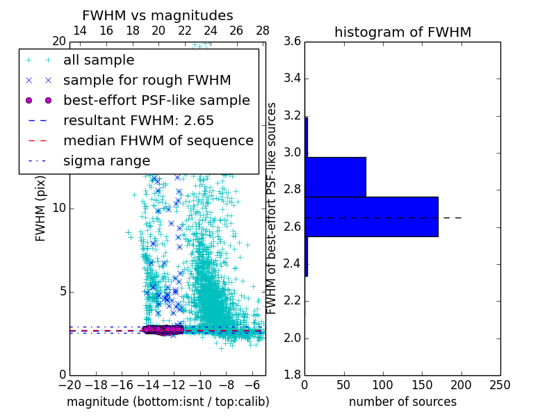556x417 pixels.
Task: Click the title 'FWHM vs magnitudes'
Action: tap(157, 15)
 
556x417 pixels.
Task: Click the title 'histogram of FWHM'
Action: tap(402, 32)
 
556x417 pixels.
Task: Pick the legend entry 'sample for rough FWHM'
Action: tap(147, 81)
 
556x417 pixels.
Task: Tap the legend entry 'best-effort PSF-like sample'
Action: tap(156, 101)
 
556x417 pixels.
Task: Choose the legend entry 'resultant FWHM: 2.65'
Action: tap(135, 121)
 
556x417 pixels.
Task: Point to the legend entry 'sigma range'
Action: tap(106, 161)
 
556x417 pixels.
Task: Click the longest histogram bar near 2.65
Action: tap(371, 217)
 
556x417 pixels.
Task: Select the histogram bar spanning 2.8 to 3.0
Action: tap(335, 177)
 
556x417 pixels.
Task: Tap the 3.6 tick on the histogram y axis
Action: tap(292, 41)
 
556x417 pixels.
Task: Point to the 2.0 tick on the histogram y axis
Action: tap(292, 338)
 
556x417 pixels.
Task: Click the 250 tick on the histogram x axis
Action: tap(500, 384)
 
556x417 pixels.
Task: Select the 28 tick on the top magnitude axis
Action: tap(263, 31)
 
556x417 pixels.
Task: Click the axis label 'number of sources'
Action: tap(402, 402)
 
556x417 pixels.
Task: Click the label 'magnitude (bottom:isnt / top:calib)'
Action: tap(167, 402)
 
